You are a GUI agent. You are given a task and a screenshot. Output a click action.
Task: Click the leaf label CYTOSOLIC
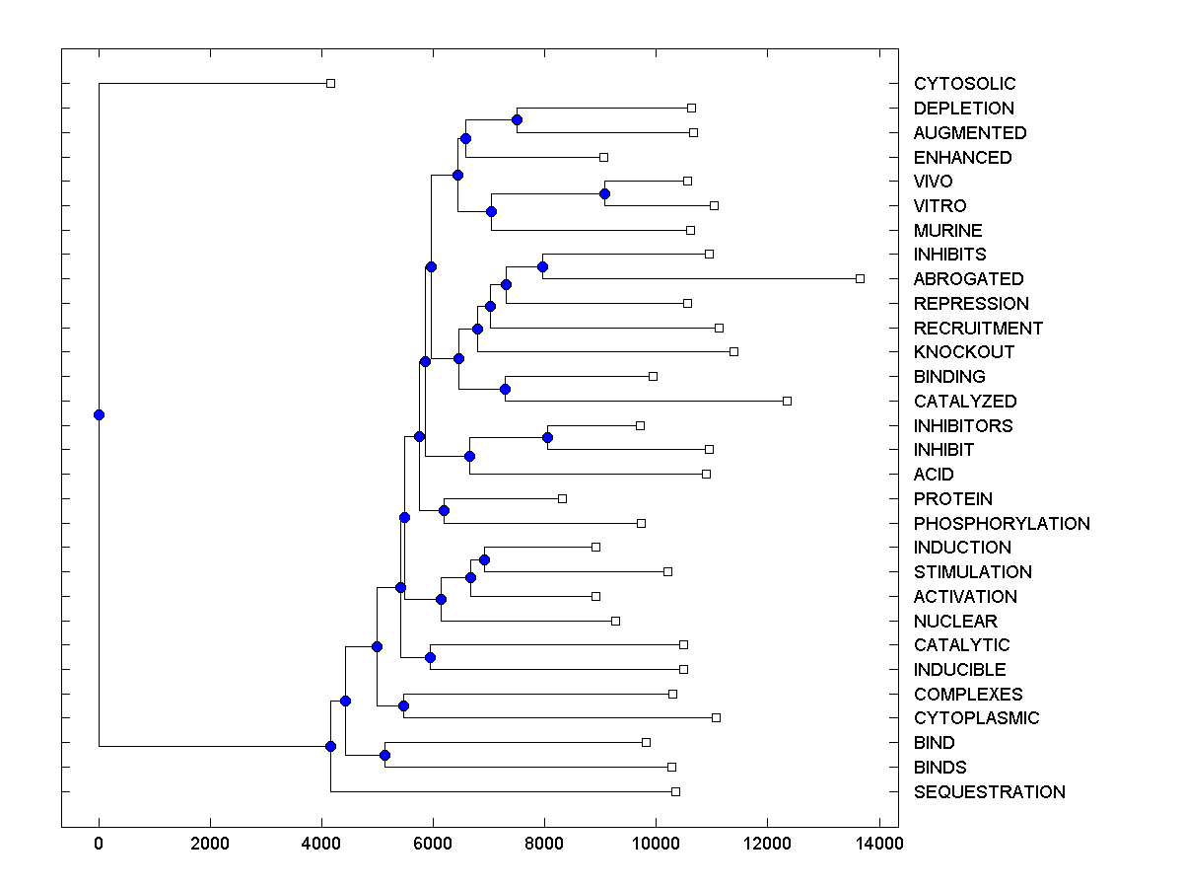pos(964,84)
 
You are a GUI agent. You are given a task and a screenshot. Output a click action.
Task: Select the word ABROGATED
pos(968,279)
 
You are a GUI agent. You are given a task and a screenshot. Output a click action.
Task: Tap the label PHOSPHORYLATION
pos(1002,523)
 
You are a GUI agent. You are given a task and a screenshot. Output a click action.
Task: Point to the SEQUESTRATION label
pos(989,791)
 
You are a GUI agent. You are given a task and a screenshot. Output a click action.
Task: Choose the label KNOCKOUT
pos(963,352)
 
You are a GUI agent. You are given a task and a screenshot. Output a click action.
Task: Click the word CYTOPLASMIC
pos(976,718)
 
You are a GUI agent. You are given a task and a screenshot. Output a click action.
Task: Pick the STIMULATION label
pos(972,572)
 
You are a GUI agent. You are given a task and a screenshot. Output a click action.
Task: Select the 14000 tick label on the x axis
pos(878,843)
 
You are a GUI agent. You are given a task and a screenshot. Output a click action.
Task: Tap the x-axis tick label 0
pos(99,843)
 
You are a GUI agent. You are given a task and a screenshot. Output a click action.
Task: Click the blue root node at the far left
pos(99,414)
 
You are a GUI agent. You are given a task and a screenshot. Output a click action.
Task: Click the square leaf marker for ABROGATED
pos(860,279)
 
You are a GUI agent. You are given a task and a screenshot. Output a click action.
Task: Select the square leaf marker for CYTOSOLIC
pos(330,84)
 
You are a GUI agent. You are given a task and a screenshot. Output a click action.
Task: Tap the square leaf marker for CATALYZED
pos(787,401)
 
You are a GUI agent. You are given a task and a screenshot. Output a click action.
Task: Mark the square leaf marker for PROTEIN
pos(562,498)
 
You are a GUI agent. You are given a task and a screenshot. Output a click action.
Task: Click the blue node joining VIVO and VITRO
pos(604,193)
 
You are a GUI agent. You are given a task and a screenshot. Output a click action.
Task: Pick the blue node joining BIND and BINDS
pos(384,755)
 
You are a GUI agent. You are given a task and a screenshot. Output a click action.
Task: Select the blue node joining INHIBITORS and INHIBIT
pos(547,437)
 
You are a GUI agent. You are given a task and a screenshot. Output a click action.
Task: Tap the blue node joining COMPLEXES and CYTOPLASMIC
pos(403,705)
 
